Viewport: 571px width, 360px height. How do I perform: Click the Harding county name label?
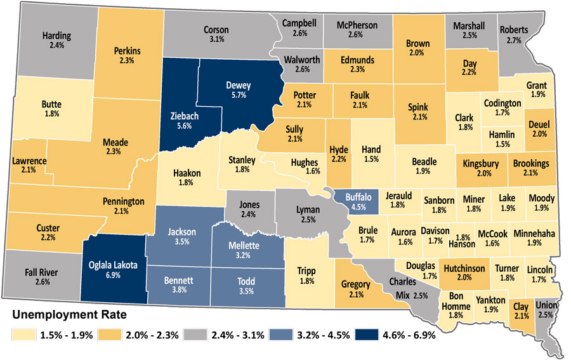point(57,36)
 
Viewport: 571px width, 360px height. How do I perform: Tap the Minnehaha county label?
point(534,233)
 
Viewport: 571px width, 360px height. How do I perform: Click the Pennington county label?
point(124,201)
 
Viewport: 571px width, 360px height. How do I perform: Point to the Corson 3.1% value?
point(216,39)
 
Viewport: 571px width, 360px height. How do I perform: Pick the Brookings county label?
point(530,163)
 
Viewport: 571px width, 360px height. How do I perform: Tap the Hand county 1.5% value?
point(371,160)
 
